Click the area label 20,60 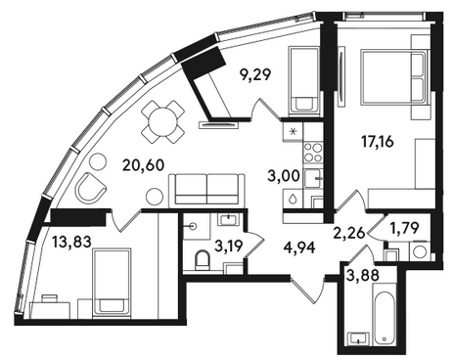coord(143,165)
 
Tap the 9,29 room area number coord(255,74)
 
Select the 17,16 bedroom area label coord(378,142)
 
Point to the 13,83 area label coord(71,242)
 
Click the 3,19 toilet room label coord(229,246)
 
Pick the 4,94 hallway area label coord(299,247)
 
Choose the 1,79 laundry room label coord(404,228)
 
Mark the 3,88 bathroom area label coord(363,276)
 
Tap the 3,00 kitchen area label coord(284,176)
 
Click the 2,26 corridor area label coord(348,233)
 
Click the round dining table coord(162,122)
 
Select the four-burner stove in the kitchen coord(313,153)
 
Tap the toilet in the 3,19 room coord(203,260)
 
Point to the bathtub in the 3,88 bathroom coord(385,313)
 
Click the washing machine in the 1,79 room coord(420,251)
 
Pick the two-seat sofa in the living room coord(206,191)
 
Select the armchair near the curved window coord(91,188)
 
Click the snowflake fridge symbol coord(293,132)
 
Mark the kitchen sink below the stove coord(313,178)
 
